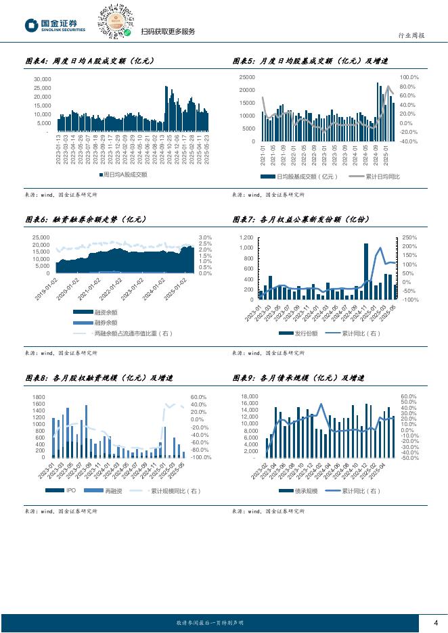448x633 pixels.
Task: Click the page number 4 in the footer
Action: coord(436,623)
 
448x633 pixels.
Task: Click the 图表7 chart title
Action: coord(298,219)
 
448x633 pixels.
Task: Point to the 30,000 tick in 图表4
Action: coord(42,78)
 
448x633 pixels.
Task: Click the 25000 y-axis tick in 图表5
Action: coord(247,77)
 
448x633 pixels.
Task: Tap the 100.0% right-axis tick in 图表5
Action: coord(409,77)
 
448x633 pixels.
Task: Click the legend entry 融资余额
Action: coord(105,312)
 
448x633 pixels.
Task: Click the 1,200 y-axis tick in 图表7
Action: coord(245,237)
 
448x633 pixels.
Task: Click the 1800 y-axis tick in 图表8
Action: coord(39,397)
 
